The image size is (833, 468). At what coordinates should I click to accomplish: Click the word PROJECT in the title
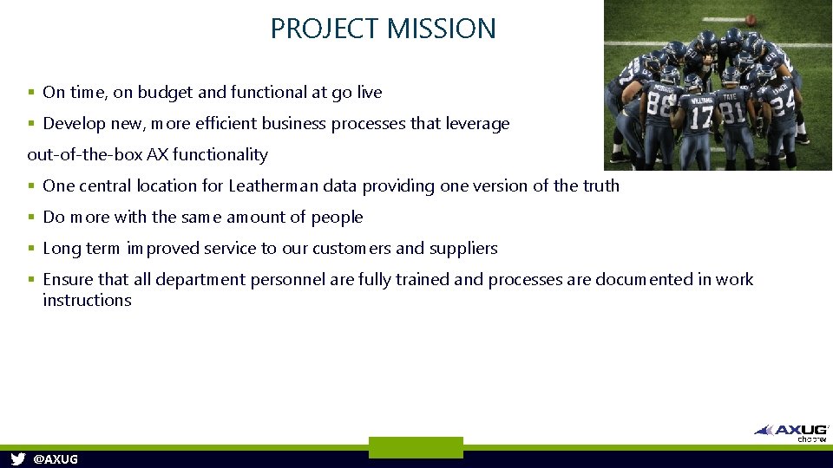click(x=325, y=29)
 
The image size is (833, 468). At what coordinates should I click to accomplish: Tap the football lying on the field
click(x=751, y=19)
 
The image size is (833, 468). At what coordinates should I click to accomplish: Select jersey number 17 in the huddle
click(x=701, y=114)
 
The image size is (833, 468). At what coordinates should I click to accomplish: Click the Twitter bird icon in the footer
click(x=18, y=458)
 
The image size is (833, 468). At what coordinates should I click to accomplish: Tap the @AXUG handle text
click(x=55, y=459)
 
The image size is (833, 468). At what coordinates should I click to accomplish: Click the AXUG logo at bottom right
click(x=791, y=431)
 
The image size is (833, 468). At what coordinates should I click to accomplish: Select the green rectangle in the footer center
click(x=416, y=447)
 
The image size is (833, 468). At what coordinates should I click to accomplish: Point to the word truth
click(x=600, y=185)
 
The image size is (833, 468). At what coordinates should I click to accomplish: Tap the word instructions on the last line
click(x=87, y=300)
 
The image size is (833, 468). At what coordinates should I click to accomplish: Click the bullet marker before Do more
click(x=31, y=218)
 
